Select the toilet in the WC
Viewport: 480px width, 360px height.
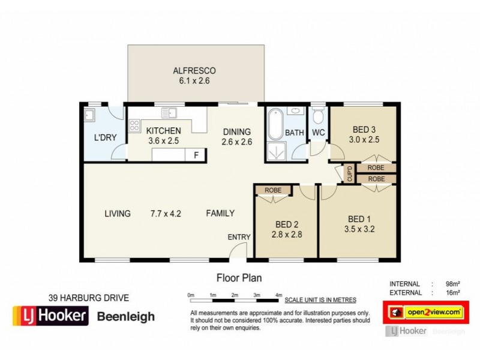(318, 115)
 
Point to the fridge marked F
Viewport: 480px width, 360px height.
(195, 155)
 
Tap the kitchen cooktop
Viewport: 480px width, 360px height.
(134, 126)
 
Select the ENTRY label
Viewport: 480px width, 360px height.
(239, 237)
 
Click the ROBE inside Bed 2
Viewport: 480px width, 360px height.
(272, 190)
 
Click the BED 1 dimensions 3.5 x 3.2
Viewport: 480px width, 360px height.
(360, 229)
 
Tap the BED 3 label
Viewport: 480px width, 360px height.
(364, 129)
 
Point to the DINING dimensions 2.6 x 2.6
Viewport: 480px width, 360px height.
(237, 142)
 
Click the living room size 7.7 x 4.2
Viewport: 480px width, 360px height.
(166, 213)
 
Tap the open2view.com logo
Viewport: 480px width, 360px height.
(425, 312)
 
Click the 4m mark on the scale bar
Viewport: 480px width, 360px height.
(278, 295)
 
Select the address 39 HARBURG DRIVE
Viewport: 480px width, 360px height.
(88, 298)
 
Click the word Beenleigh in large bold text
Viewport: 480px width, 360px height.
(126, 316)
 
